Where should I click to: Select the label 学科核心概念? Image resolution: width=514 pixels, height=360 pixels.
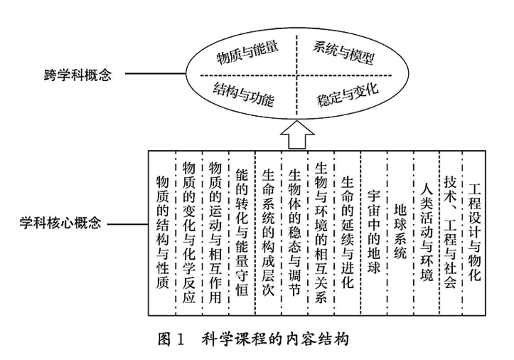(56, 223)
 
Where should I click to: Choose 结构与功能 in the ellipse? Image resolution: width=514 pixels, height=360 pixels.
(244, 90)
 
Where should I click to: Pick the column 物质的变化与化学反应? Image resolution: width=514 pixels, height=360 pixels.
(189, 232)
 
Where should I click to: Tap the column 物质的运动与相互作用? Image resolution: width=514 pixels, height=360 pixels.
(216, 231)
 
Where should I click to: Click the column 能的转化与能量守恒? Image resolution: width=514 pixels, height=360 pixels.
(242, 231)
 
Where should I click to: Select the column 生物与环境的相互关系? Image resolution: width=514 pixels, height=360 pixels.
(321, 232)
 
